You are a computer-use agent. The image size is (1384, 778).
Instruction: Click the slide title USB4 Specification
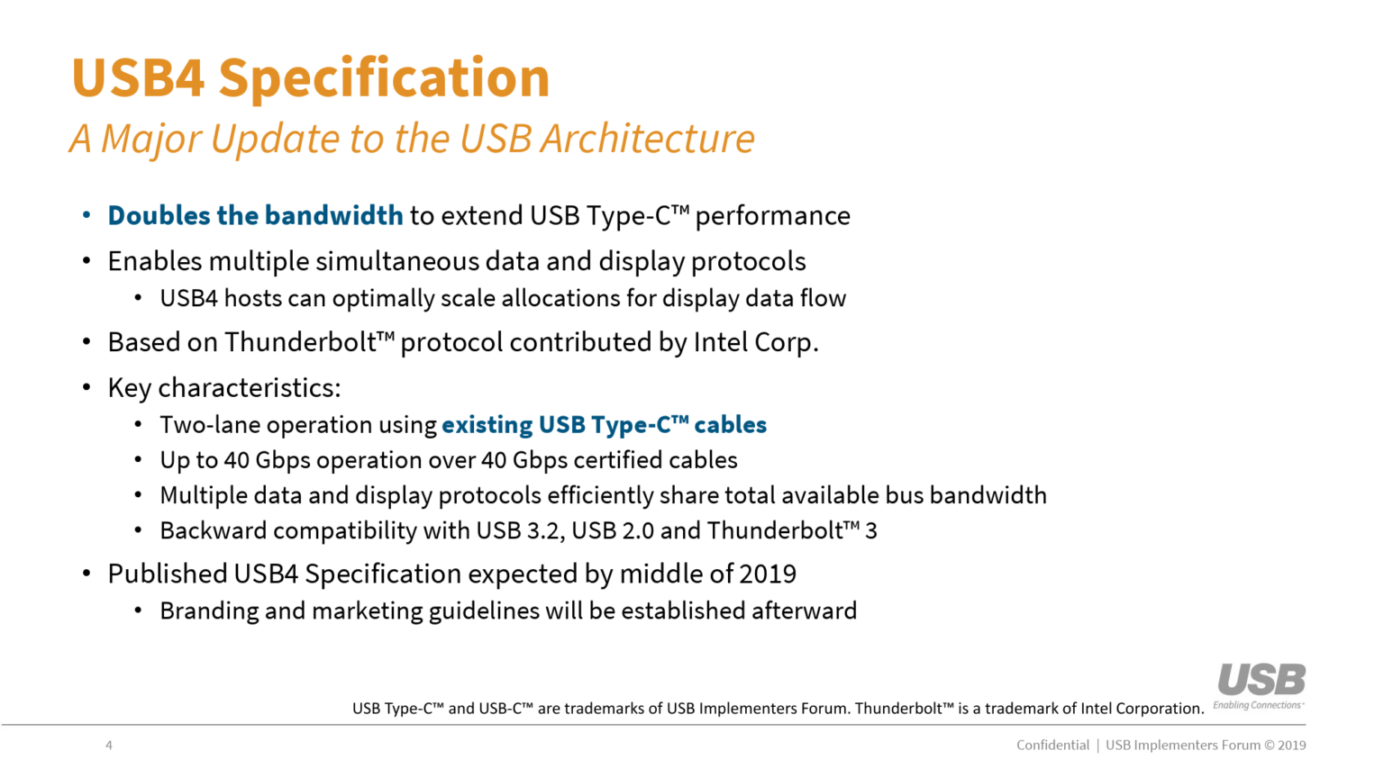[x=310, y=77]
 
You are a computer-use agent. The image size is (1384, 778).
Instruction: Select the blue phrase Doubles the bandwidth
[x=255, y=216]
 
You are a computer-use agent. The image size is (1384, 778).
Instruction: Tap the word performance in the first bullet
[x=772, y=216]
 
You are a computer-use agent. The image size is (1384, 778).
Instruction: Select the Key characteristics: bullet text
[x=223, y=388]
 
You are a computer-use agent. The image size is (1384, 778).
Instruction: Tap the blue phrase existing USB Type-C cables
[x=604, y=425]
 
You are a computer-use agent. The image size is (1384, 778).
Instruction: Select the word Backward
[x=214, y=531]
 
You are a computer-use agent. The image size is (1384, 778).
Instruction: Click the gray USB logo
[x=1261, y=681]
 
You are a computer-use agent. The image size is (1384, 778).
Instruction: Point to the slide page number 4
[x=109, y=746]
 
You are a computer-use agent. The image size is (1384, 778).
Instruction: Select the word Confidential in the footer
[x=1052, y=746]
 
